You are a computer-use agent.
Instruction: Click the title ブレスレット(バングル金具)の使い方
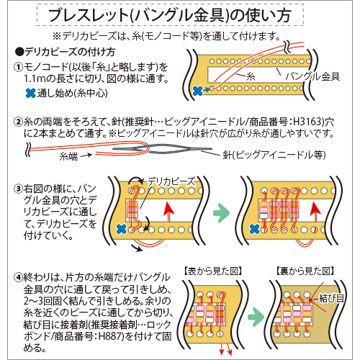tap(170, 15)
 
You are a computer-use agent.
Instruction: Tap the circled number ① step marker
tap(19, 68)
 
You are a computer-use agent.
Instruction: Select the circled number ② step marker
tap(19, 122)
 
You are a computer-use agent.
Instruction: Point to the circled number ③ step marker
tap(19, 189)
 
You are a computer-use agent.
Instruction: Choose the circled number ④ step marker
tap(19, 278)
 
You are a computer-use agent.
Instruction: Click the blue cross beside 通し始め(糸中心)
tap(30, 93)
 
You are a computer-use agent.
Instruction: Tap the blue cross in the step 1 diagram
tap(198, 91)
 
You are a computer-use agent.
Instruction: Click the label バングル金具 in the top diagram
tap(312, 76)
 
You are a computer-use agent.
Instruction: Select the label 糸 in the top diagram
tap(251, 77)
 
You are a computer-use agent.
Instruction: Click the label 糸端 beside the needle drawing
tap(68, 156)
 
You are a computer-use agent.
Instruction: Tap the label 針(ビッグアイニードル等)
tap(274, 155)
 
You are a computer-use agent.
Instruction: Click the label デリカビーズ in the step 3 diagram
tap(171, 181)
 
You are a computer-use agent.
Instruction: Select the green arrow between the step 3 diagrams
tap(221, 213)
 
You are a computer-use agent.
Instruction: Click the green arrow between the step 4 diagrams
tap(256, 317)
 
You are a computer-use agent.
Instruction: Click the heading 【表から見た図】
tap(213, 271)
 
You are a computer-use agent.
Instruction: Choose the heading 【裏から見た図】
tap(305, 271)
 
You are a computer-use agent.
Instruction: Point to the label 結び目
tap(331, 299)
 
